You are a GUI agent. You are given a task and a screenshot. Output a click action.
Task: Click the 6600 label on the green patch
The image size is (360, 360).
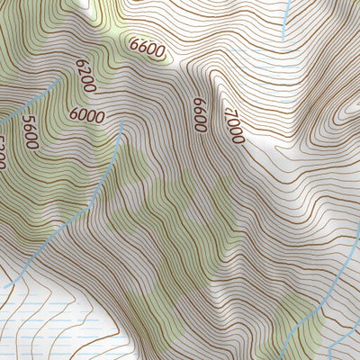147,47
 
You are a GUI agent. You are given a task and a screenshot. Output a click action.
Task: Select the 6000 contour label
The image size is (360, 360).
85,116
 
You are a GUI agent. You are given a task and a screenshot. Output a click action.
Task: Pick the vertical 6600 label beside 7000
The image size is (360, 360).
199,115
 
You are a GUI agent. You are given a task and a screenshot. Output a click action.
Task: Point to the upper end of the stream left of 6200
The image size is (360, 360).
61,79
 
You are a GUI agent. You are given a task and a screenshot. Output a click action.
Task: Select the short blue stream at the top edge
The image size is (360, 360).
285,18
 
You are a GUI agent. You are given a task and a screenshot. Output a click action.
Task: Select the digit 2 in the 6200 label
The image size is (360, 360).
85,74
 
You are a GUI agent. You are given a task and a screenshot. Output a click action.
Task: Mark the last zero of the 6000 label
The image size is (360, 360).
99,117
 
